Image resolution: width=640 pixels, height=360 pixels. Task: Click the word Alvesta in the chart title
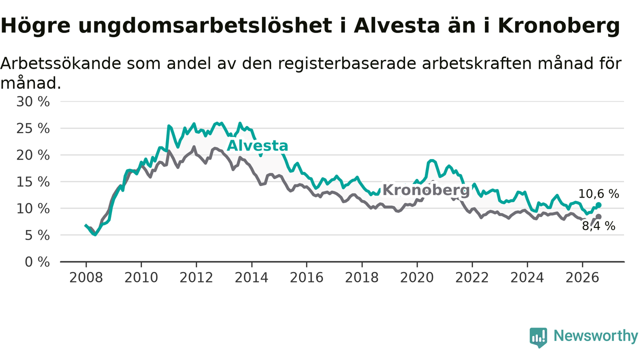[x=396, y=25]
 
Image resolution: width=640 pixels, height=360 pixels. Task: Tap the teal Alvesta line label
[x=257, y=145]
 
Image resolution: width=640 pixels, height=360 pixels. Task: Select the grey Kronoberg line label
[x=426, y=190]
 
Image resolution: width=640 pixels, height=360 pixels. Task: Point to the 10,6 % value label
[x=598, y=194]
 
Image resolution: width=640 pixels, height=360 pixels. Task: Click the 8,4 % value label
[x=598, y=226]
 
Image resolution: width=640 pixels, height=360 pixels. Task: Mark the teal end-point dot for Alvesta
[x=598, y=205]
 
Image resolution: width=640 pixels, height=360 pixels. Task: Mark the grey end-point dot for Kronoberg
[x=598, y=217]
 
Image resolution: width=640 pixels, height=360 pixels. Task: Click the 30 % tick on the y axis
[x=33, y=101]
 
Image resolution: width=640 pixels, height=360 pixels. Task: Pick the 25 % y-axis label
[x=33, y=128]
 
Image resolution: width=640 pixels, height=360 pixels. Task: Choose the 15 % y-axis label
[x=33, y=182]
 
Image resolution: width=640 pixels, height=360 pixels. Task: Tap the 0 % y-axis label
[x=37, y=262]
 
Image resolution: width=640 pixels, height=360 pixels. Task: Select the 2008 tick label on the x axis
[x=86, y=277]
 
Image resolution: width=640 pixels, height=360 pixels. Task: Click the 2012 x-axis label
[x=196, y=277]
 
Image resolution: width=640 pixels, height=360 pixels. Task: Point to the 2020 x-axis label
[x=417, y=277]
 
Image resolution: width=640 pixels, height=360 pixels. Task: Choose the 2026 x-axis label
[x=582, y=277]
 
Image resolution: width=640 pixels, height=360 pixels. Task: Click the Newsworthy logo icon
[x=538, y=337]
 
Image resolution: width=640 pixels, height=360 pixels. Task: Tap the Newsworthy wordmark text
[x=596, y=335]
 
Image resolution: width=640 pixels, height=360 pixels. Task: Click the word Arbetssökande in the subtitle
[x=61, y=63]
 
